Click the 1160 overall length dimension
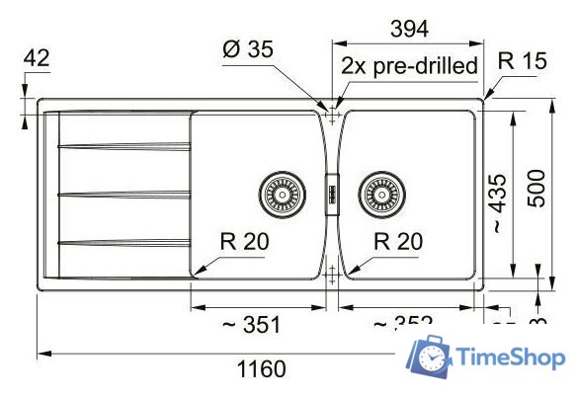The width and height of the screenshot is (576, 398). coord(262,370)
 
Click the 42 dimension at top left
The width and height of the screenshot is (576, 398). coord(36,58)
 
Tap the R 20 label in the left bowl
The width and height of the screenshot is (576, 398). coord(242,240)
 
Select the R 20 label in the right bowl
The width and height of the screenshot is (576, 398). coord(398,240)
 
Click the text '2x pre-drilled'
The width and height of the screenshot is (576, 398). coord(409,67)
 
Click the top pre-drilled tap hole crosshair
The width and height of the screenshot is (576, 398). coord(333,113)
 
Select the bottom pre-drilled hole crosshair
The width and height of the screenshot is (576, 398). coord(333,277)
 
